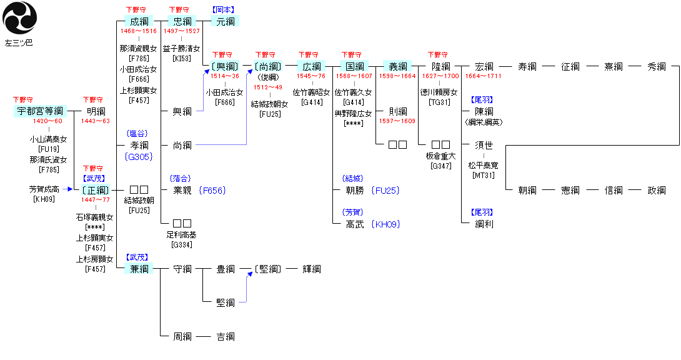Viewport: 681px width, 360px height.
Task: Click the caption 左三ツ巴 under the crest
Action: (x=19, y=43)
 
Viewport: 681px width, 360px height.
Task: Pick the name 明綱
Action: (x=96, y=111)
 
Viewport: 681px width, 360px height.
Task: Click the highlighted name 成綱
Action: (x=139, y=22)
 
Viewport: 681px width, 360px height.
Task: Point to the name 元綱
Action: (x=225, y=22)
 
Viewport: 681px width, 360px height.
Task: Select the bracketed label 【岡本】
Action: (x=225, y=11)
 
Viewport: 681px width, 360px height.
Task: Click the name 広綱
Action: (x=311, y=66)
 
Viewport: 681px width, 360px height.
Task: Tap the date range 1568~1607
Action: (x=354, y=76)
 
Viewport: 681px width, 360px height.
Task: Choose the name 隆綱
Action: (x=441, y=66)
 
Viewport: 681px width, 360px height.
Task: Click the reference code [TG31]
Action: (x=441, y=102)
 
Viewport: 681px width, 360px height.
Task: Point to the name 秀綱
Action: (x=656, y=66)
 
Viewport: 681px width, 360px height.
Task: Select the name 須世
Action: (x=484, y=145)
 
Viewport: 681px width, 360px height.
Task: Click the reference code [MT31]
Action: (x=484, y=176)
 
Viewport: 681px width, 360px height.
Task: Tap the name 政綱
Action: (x=656, y=191)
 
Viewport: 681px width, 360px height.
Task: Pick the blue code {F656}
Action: (x=212, y=191)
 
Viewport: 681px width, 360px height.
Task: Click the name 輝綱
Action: (x=311, y=269)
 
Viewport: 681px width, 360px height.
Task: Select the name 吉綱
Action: (x=225, y=337)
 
